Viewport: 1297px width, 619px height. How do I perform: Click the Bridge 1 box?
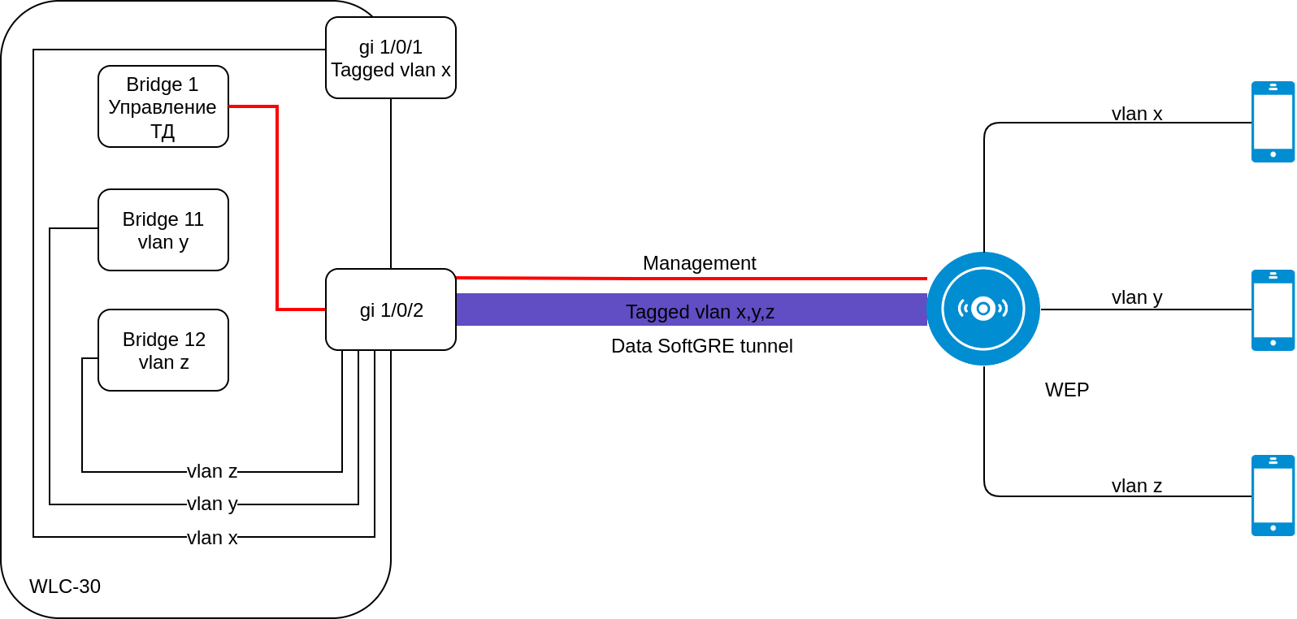[x=163, y=106]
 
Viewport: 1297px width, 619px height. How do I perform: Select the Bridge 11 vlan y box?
[x=163, y=230]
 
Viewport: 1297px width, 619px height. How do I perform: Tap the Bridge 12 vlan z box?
[x=163, y=350]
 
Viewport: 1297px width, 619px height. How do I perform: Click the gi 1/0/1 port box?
[x=390, y=58]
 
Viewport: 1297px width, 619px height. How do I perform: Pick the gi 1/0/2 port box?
[x=390, y=309]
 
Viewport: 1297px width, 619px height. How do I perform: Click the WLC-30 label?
[x=65, y=587]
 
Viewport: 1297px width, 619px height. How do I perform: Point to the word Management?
[x=699, y=263]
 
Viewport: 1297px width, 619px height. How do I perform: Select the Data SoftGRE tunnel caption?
[x=701, y=346]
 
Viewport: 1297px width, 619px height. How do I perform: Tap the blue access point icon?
[x=983, y=309]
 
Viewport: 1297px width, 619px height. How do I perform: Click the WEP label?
[x=1066, y=390]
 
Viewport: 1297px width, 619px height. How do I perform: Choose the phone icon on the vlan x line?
[x=1273, y=122]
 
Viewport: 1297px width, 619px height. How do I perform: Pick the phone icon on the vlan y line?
[x=1273, y=310]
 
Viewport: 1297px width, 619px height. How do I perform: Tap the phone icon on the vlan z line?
[x=1273, y=496]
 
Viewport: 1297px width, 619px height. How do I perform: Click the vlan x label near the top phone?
[x=1136, y=114]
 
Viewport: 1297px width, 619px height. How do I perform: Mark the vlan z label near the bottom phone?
[x=1136, y=486]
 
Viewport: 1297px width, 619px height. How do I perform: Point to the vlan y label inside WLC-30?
[x=212, y=504]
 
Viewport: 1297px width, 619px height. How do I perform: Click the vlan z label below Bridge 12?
[x=212, y=471]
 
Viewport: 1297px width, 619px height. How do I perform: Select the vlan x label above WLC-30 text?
[x=212, y=538]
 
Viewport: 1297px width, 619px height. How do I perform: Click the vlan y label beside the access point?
[x=1136, y=297]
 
